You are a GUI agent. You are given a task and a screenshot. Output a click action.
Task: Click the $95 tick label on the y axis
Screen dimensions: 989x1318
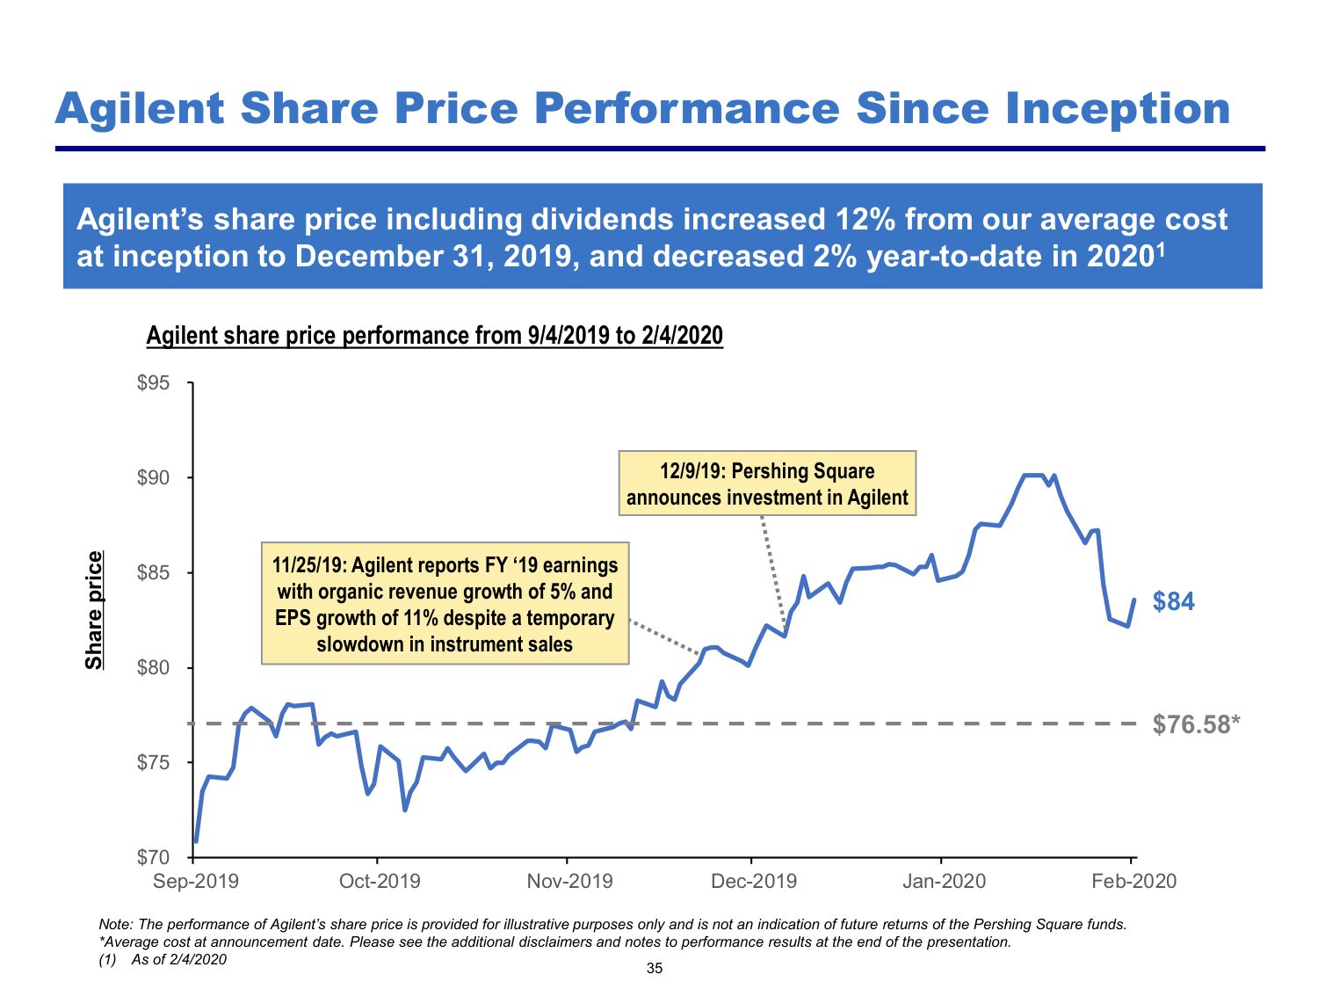click(153, 383)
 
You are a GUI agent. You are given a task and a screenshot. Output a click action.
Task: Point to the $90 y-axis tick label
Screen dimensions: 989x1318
click(153, 478)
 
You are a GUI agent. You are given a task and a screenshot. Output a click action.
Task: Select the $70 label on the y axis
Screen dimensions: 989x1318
click(153, 857)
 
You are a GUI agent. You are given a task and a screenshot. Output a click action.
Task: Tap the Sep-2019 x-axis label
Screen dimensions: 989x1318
click(195, 881)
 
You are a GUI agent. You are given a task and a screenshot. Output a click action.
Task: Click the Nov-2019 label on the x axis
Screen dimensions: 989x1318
click(569, 881)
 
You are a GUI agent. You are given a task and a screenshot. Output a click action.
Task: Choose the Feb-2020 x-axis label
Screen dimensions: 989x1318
click(1133, 881)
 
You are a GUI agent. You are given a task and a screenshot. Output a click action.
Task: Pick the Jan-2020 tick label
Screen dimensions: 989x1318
click(944, 881)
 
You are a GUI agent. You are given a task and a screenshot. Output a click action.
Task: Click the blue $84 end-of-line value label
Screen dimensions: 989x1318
click(1173, 601)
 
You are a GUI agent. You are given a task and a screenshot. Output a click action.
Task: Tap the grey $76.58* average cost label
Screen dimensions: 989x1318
click(1196, 724)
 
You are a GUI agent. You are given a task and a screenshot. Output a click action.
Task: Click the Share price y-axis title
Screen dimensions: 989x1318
click(94, 609)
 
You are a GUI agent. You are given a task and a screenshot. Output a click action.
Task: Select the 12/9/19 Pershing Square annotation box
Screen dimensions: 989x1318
click(767, 484)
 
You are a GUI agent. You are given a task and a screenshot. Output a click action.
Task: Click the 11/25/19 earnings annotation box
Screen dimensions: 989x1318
click(445, 604)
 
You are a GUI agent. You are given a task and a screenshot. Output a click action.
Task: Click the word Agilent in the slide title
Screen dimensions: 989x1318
click(140, 108)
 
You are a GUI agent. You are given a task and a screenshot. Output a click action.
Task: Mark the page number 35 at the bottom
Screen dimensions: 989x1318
click(655, 969)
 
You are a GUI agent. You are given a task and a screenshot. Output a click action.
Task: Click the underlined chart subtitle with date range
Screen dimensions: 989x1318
click(434, 336)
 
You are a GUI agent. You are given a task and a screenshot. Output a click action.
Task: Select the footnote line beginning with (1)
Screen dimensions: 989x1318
click(163, 959)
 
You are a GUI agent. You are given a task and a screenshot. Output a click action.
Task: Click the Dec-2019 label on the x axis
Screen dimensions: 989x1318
click(753, 881)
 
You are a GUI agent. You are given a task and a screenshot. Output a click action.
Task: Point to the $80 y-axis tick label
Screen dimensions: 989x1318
click(153, 668)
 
